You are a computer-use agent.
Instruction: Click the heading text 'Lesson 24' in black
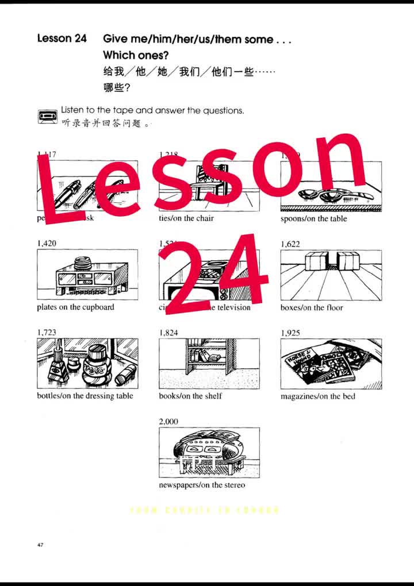pos(62,38)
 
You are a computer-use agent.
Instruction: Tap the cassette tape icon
pos(47,116)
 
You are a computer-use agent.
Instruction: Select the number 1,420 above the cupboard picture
pos(47,244)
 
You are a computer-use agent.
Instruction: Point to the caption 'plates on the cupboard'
pos(75,307)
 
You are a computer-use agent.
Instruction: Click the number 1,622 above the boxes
pos(290,244)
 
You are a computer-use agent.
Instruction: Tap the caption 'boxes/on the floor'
pos(312,308)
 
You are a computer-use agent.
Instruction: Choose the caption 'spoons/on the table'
pos(314,219)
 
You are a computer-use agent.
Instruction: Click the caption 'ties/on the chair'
pos(186,218)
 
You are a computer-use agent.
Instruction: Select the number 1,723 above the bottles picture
pos(47,333)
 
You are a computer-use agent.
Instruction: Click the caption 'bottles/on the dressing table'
pos(85,396)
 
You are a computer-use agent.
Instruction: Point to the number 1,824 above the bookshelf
pos(168,333)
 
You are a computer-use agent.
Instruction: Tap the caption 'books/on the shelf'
pos(190,396)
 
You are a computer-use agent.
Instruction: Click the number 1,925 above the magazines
pos(290,333)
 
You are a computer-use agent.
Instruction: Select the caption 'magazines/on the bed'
pos(318,396)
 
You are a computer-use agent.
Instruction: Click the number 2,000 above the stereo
pos(168,422)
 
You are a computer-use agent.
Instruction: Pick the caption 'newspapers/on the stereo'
pos(202,485)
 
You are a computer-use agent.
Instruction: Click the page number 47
pos(40,545)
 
